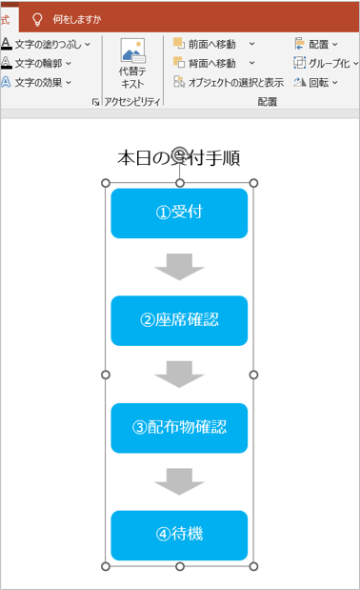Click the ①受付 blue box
click(x=179, y=213)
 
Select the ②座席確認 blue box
click(x=179, y=320)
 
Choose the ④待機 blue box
click(x=179, y=535)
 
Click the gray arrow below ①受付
click(x=179, y=267)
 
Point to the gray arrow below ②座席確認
click(x=179, y=374)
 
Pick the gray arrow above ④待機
click(x=179, y=481)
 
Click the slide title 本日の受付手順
click(x=179, y=158)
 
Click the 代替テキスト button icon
click(x=132, y=51)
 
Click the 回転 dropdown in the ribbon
click(x=317, y=82)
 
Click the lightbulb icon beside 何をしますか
click(x=37, y=18)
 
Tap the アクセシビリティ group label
click(x=131, y=101)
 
